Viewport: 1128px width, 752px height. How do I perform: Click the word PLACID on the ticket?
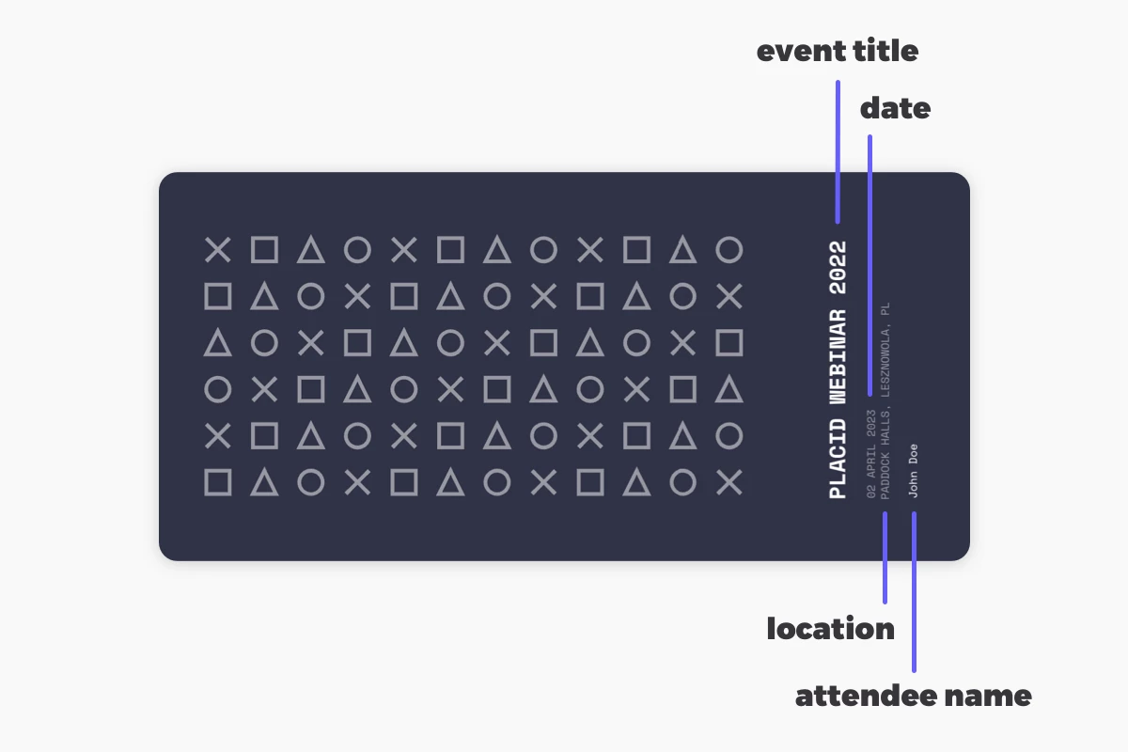[838, 459]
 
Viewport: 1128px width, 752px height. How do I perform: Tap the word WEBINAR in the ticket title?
[838, 356]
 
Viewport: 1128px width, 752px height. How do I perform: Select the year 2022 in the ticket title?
[838, 268]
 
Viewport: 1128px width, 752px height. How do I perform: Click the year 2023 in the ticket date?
[871, 423]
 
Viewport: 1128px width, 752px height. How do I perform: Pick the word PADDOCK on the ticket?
[885, 477]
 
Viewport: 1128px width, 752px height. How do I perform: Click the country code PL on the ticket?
[885, 308]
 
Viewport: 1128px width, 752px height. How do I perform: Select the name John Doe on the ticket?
[913, 471]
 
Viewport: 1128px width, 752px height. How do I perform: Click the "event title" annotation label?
[838, 52]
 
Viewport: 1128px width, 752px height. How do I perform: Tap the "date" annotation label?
[895, 108]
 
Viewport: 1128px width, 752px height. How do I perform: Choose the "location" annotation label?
[830, 629]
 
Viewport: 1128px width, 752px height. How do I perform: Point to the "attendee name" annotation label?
[913, 696]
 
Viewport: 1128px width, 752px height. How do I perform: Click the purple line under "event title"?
[838, 151]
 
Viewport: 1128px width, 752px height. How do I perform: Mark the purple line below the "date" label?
[869, 265]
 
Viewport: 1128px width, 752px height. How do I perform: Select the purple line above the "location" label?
[885, 557]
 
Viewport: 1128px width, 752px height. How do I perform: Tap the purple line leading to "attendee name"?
[914, 592]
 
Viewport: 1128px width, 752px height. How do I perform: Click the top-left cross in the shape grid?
[217, 250]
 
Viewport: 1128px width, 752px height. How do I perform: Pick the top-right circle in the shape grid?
[729, 250]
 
